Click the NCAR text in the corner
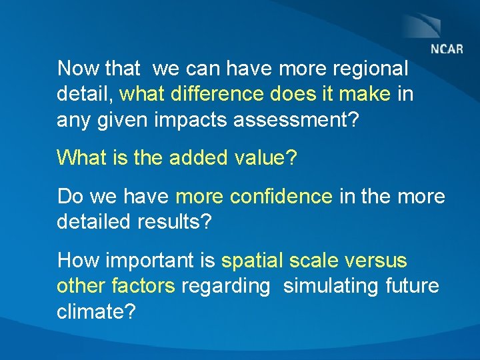point(447,49)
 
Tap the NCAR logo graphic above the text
point(421,25)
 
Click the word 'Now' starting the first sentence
point(75,69)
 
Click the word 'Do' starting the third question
point(69,197)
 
